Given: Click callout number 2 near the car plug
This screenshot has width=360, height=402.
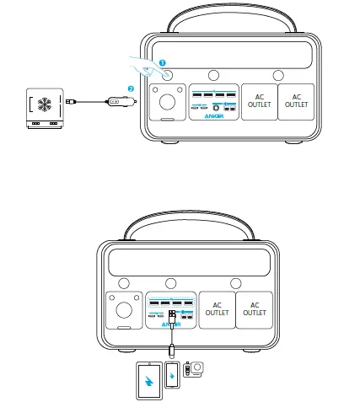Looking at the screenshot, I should click(x=131, y=88).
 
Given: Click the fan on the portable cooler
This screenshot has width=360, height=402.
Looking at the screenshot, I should click(x=46, y=102).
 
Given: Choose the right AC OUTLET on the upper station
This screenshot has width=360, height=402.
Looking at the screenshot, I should click(x=296, y=100).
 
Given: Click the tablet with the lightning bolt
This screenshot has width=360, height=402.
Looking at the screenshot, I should click(x=148, y=377).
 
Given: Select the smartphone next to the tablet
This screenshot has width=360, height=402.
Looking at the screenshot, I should click(x=173, y=376).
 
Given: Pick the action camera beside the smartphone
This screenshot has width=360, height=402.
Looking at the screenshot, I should click(x=196, y=369).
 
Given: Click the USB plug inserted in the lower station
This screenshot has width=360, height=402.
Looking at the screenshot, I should click(x=172, y=319).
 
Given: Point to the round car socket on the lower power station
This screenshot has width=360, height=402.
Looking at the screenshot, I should click(x=123, y=309).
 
